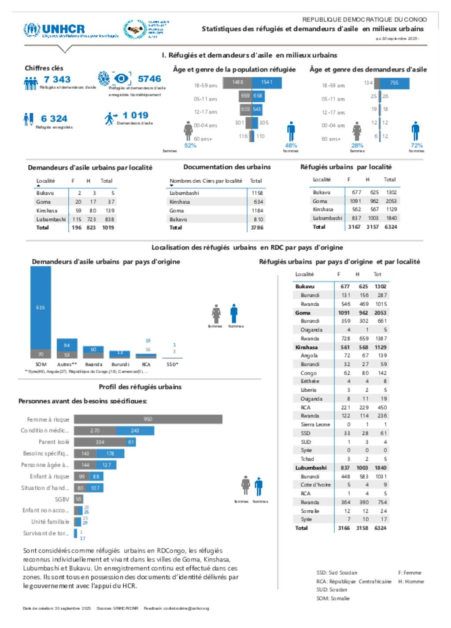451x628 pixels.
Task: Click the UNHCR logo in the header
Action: (x=55, y=30)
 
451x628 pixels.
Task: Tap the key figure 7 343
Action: (x=57, y=79)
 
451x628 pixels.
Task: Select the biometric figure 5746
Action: (x=149, y=79)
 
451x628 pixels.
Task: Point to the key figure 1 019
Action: (x=135, y=115)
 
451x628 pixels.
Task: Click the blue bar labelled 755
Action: (x=393, y=83)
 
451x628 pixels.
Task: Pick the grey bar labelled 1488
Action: (x=237, y=82)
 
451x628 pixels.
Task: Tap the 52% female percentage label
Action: (x=190, y=146)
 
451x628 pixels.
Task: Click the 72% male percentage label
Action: (x=417, y=145)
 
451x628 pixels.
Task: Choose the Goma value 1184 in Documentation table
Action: (x=257, y=211)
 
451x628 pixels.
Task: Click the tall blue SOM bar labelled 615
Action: (x=41, y=307)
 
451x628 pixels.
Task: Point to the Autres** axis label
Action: (x=67, y=364)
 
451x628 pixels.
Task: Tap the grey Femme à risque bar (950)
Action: (x=148, y=419)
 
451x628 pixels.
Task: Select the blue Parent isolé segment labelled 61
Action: (x=131, y=442)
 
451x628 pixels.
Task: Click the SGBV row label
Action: (x=62, y=499)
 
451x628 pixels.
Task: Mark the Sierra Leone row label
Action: (x=315, y=424)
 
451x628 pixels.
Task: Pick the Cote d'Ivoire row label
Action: (x=315, y=485)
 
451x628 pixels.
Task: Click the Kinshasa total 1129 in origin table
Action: (x=380, y=347)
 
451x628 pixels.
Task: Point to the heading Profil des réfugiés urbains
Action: (x=140, y=387)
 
